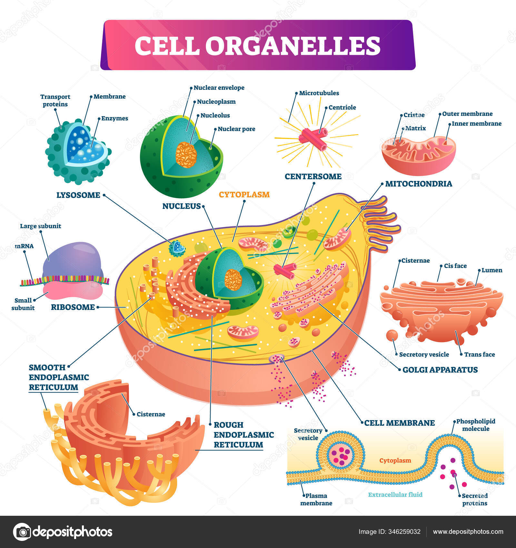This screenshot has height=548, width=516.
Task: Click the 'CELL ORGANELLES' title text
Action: pos(257,45)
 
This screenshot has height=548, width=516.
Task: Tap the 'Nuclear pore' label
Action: pos(236,129)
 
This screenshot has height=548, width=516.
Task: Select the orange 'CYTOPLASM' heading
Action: pos(244,194)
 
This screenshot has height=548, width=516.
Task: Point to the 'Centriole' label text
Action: pos(342,107)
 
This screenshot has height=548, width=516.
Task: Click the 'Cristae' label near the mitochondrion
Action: pos(414,115)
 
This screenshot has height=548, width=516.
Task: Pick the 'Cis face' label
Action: pos(455,266)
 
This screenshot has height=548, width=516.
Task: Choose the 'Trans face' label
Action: pos(479,354)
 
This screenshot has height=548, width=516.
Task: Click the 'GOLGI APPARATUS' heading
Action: pos(440,369)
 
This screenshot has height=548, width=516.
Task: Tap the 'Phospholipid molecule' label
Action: pos(476,425)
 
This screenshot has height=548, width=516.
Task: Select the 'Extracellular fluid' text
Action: pos(395,494)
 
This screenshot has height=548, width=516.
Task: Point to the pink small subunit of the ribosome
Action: pos(74,290)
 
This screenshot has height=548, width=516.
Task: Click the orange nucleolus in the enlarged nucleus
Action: pos(186,155)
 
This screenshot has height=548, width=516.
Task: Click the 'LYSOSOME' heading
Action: pos(78,195)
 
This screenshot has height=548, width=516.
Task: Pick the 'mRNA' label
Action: pos(24,246)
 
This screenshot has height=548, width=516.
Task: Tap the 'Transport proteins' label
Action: pos(55,100)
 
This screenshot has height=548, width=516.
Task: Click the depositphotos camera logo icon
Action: pos(22,532)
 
